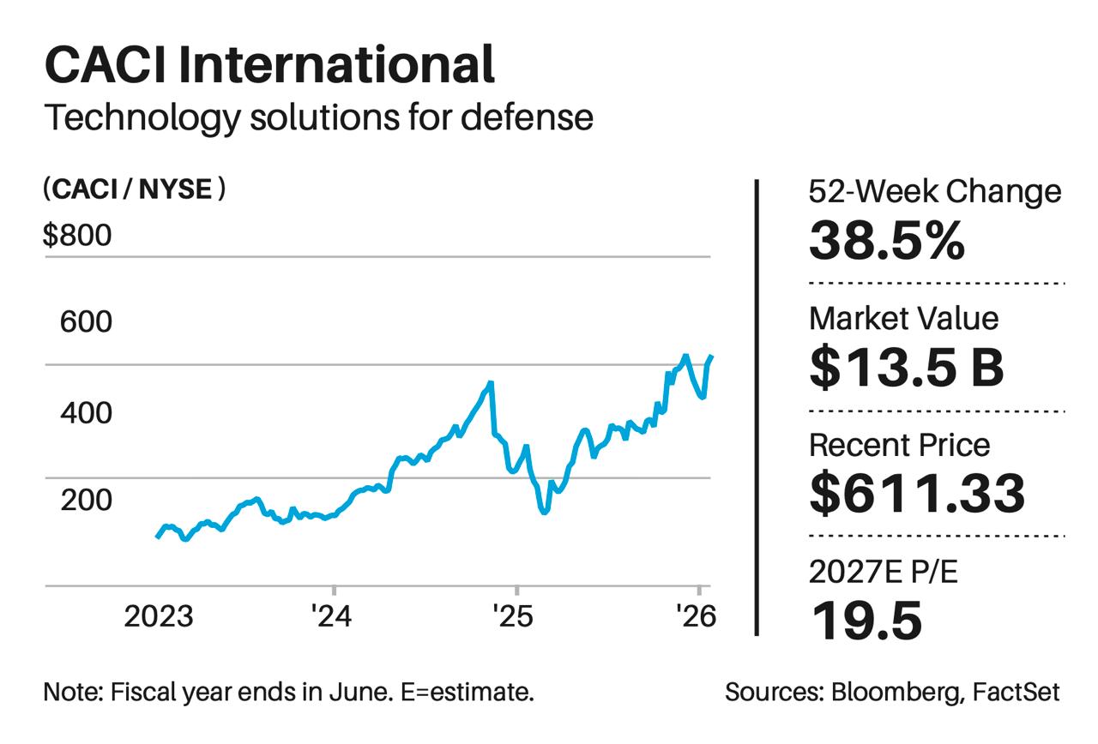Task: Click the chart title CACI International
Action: pos(268,65)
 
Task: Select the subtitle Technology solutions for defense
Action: pos(318,117)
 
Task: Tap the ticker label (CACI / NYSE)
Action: pos(134,189)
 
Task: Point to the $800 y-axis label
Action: pos(77,234)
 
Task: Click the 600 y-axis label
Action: pos(86,322)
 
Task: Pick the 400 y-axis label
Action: pos(86,413)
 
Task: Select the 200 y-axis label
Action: pos(86,500)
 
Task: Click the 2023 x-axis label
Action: pos(160,615)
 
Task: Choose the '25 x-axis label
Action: pos(515,615)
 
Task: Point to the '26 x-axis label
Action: pos(696,615)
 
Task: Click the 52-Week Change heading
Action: pos(935,192)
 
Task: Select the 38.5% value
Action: pos(887,242)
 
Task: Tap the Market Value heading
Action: pos(904,318)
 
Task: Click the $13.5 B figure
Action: pos(907,368)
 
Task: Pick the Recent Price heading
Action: pos(899,446)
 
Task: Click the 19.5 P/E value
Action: pos(866,621)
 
